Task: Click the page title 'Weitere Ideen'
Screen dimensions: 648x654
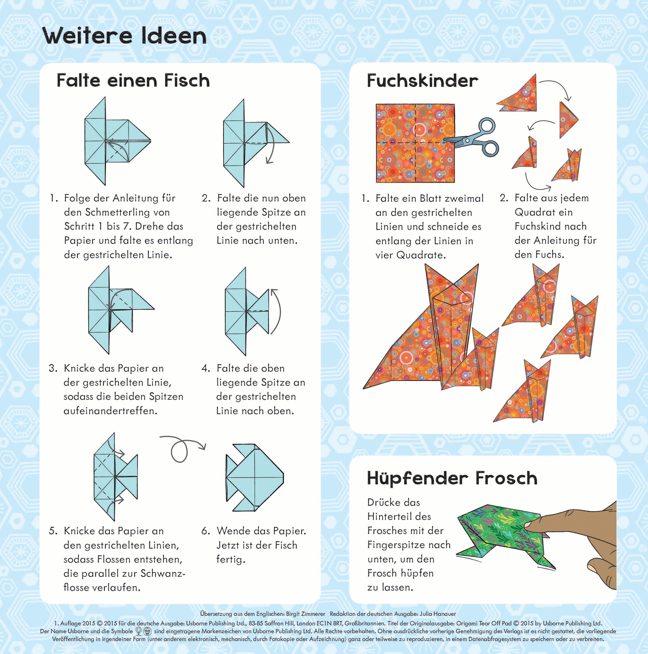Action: coord(124,36)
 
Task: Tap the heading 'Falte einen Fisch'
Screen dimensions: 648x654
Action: coord(133,80)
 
